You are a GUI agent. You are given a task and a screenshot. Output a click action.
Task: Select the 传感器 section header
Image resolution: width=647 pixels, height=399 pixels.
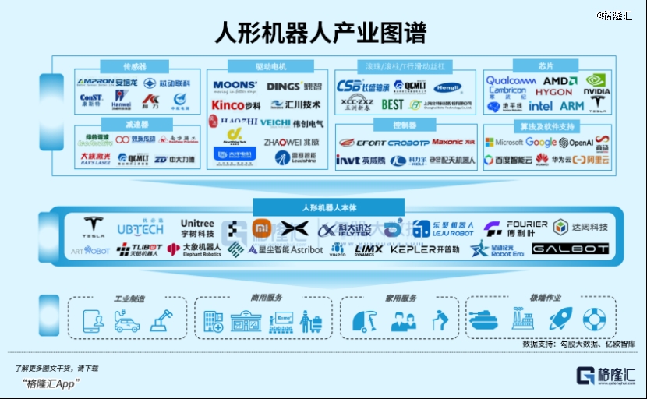tap(135, 66)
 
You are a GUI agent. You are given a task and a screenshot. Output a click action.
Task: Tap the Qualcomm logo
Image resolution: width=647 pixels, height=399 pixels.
tap(511, 80)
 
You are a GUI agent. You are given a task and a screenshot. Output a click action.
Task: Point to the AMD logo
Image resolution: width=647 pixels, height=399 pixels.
tap(555, 80)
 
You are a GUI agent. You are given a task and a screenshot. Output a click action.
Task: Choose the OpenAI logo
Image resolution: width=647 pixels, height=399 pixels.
tap(576, 143)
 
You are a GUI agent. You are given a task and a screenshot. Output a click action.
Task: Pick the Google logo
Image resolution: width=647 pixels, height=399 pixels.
tap(540, 143)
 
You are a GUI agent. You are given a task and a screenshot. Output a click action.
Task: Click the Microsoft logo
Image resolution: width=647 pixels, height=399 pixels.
tap(504, 143)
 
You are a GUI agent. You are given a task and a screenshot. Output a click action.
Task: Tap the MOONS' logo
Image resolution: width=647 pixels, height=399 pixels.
tap(235, 86)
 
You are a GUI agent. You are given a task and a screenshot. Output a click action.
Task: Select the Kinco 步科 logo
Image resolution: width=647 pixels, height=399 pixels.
tap(236, 104)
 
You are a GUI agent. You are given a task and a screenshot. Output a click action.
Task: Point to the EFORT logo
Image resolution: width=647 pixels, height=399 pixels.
tap(360, 143)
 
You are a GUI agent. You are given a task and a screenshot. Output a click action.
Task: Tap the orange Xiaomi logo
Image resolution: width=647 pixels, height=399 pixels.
tap(260, 228)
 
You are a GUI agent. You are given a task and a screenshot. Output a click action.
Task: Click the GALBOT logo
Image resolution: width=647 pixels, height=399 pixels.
tap(560, 249)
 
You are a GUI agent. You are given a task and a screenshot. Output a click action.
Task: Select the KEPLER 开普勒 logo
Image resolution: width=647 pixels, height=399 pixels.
tap(424, 249)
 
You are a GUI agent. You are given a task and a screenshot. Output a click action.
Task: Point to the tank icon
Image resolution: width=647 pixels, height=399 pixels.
tap(482, 320)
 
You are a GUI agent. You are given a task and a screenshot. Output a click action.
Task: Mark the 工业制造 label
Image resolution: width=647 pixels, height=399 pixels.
tap(129, 298)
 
